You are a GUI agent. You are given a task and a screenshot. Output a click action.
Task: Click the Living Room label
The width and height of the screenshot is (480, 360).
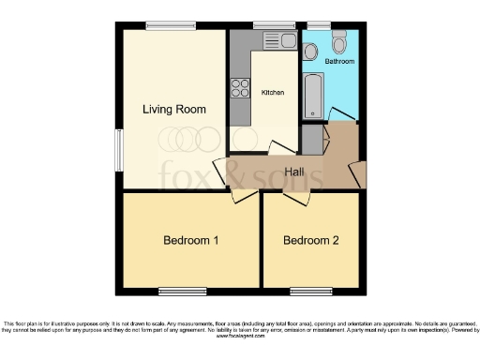point(173,110)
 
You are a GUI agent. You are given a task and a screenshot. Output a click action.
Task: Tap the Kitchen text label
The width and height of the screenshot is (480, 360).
point(273,93)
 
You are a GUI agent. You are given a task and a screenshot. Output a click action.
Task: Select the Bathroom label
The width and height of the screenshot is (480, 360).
point(339,61)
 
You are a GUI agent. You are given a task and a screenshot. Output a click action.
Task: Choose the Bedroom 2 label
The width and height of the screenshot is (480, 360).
point(311,241)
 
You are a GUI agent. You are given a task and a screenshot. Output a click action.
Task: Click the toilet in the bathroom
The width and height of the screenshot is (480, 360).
point(339,41)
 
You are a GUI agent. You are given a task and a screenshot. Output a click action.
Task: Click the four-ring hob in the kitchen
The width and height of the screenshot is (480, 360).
point(240,90)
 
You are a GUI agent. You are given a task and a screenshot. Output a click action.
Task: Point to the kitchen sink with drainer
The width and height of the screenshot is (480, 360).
point(277,40)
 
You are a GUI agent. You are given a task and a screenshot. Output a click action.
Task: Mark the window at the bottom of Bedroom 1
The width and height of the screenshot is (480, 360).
point(183,290)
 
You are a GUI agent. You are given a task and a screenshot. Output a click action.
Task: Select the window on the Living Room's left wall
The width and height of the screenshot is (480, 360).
point(118,150)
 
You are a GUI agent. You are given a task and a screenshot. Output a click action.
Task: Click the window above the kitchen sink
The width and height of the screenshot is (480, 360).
point(274,24)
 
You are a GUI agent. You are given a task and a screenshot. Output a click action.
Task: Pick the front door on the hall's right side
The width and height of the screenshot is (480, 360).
point(356,174)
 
